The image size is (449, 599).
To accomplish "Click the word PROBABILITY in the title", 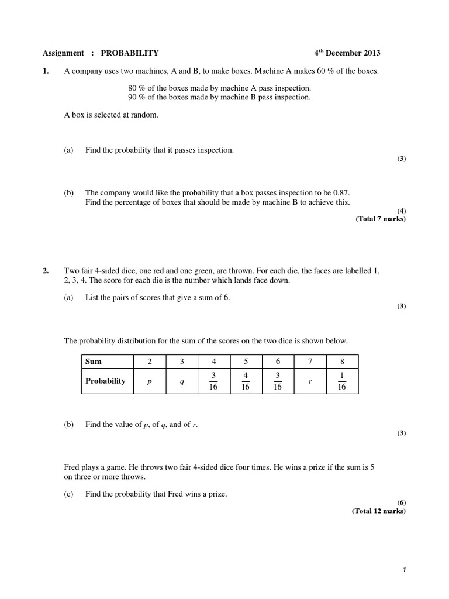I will pyautogui.click(x=130, y=53).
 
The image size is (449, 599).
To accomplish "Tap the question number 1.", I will pyautogui.click(x=46, y=71).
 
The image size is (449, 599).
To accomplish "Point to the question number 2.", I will pyautogui.click(x=46, y=271).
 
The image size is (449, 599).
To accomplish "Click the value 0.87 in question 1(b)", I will pyautogui.click(x=341, y=192).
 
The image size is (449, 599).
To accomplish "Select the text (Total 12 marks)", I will pyautogui.click(x=379, y=511).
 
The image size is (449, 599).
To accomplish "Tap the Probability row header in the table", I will pyautogui.click(x=105, y=381).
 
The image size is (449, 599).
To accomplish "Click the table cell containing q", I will pyautogui.click(x=182, y=381).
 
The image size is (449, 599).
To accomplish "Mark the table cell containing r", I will pyautogui.click(x=310, y=381).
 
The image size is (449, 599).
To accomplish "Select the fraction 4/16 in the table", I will pyautogui.click(x=246, y=381).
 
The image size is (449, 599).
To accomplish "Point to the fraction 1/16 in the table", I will pyautogui.click(x=342, y=381).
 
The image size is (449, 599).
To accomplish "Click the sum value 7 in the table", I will pyautogui.click(x=310, y=362).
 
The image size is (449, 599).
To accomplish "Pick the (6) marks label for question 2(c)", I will pyautogui.click(x=401, y=502).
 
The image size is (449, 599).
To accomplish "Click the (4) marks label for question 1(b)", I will pyautogui.click(x=401, y=211).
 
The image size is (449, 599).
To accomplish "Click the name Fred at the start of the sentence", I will pyautogui.click(x=71, y=467).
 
